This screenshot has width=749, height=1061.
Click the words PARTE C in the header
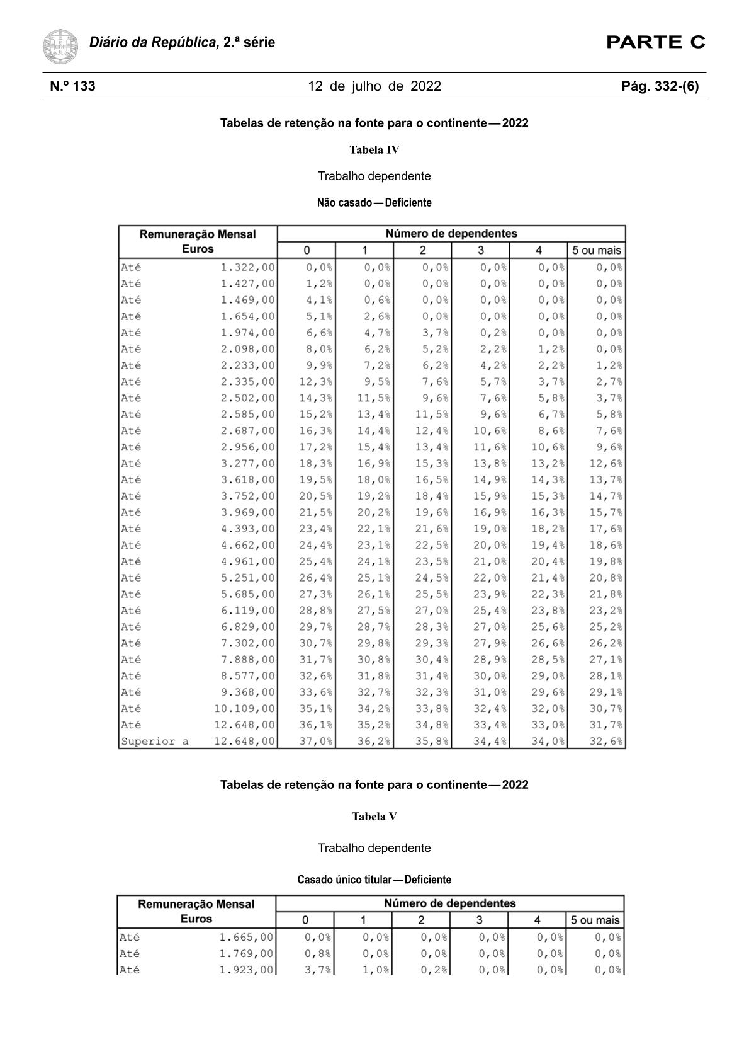(x=655, y=42)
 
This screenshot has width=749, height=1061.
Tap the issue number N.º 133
(x=73, y=86)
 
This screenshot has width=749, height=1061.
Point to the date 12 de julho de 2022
(x=374, y=86)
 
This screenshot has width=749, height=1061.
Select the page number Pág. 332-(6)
(x=660, y=86)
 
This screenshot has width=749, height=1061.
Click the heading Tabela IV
(x=374, y=150)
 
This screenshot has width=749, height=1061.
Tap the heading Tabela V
(x=374, y=817)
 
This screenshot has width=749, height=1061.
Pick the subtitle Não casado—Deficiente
(x=374, y=203)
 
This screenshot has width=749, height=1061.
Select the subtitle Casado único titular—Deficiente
(x=374, y=880)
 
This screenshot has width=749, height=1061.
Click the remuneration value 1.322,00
(x=247, y=267)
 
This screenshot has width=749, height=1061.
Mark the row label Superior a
(x=154, y=742)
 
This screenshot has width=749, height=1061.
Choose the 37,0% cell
(x=315, y=742)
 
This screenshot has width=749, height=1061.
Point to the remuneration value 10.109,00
(x=245, y=709)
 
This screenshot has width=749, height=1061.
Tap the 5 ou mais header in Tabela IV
(x=596, y=250)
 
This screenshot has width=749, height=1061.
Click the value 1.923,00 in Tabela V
(x=246, y=970)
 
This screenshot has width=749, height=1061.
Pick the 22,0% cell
(x=490, y=578)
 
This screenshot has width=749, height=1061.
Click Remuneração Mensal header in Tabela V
(x=196, y=904)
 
